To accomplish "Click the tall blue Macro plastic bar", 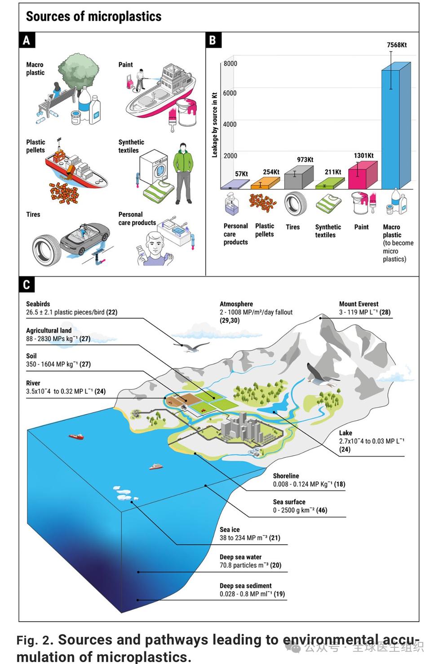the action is tap(396, 126).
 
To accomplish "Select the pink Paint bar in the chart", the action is tap(363, 175).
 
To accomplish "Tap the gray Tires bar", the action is tap(299, 177).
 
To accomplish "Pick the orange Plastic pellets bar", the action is tap(265, 183).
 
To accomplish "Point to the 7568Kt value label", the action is tap(397, 45).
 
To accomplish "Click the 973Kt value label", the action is tap(305, 160).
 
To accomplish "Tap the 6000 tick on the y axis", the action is tap(230, 93).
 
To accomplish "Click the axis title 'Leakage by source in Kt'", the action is tap(215, 125).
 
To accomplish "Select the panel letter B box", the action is tap(213, 40).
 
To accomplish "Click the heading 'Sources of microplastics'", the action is tap(94, 16).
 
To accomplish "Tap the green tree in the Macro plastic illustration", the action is tap(79, 71).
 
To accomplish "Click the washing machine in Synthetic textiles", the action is tap(154, 167).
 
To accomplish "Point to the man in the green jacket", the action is tap(183, 173).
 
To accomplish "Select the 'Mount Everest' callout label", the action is tap(358, 304).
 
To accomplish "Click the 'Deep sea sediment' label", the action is tap(246, 585).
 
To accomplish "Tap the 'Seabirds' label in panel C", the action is tap(38, 304).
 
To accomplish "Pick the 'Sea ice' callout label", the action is tap(230, 529).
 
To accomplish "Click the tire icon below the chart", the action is tap(295, 203).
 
